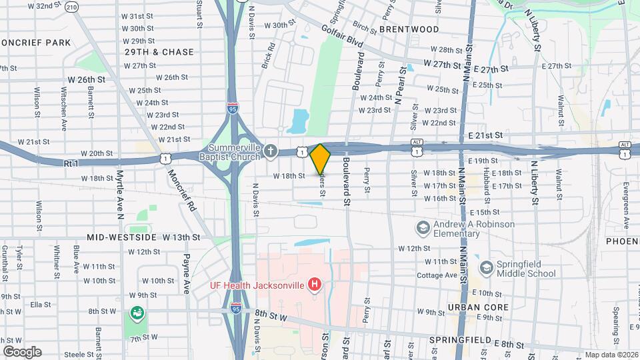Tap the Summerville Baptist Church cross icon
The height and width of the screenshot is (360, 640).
[271, 149]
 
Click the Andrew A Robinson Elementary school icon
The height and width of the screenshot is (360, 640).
[422, 229]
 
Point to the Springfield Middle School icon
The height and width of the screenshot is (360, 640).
[487, 267]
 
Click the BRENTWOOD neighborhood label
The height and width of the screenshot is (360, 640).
[409, 29]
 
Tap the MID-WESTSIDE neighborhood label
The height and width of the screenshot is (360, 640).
[123, 237]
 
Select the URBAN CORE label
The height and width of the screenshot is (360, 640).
[478, 307]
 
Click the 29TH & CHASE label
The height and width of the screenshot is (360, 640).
[159, 52]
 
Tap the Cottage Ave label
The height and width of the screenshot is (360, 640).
[437, 275]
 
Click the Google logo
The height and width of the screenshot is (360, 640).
[22, 351]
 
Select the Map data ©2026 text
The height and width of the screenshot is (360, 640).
[611, 355]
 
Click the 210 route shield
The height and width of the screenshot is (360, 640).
[71, 7]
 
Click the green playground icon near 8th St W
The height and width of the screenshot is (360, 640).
[137, 312]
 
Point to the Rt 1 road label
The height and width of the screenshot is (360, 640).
[73, 163]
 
